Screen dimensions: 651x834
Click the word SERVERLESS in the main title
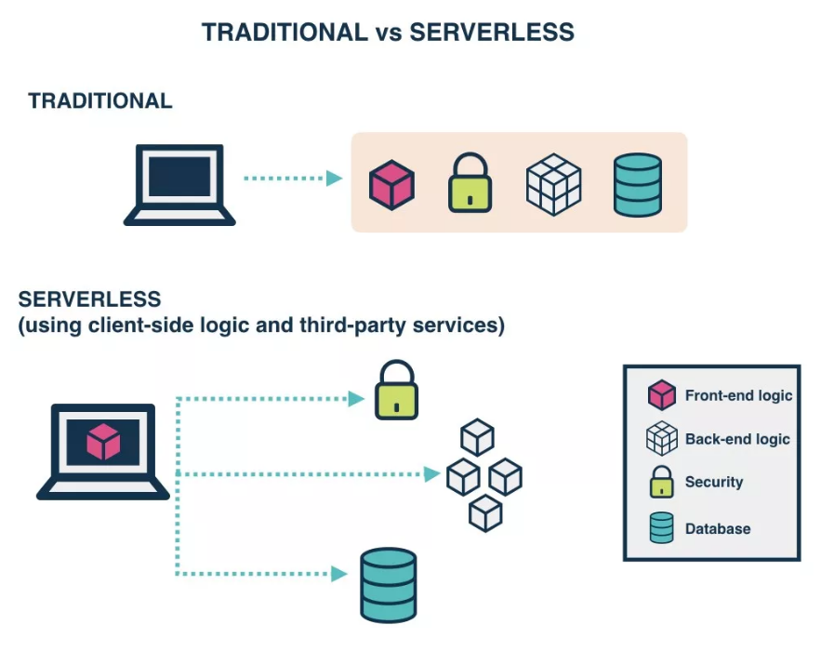click(x=492, y=33)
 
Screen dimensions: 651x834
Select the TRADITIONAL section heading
click(x=100, y=101)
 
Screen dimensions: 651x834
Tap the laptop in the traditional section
click(x=179, y=184)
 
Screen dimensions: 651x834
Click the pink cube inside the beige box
click(x=391, y=183)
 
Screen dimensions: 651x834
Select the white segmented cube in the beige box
click(x=553, y=183)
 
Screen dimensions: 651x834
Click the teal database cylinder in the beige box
click(x=638, y=184)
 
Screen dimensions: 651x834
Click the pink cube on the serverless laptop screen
click(x=103, y=441)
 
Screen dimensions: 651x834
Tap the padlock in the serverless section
click(x=396, y=391)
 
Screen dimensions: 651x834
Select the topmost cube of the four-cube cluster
click(x=477, y=437)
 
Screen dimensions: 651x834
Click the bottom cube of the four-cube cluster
click(x=485, y=512)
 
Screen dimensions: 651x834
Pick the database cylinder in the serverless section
click(x=388, y=584)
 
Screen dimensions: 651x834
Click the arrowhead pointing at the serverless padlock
click(x=355, y=398)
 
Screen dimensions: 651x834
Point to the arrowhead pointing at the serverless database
click(x=339, y=574)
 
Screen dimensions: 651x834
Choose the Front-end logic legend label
click(x=738, y=395)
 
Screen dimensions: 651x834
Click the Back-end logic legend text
click(x=737, y=439)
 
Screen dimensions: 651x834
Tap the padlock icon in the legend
click(x=661, y=482)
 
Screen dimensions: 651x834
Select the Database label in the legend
click(x=717, y=528)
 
